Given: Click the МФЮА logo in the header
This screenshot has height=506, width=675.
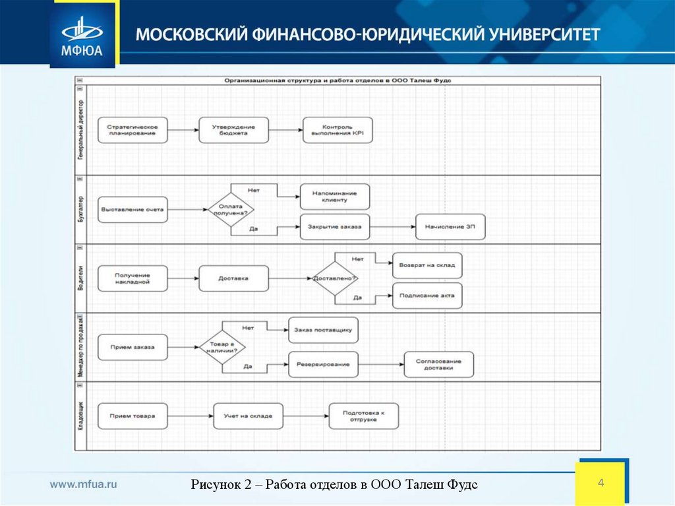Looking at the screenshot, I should point(82,34).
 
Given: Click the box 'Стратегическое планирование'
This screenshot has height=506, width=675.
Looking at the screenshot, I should point(132,130).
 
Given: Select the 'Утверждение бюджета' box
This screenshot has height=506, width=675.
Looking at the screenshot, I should point(234,130).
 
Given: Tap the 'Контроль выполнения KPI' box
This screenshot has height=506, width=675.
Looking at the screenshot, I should point(338,130).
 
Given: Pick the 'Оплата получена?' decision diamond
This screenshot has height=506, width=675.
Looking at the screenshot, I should point(231,210).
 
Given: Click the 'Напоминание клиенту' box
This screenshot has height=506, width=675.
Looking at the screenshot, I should point(335,197).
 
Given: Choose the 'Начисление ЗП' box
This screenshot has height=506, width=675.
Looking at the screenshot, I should point(450,227).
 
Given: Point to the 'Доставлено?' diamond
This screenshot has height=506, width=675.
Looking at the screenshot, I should point(336,278).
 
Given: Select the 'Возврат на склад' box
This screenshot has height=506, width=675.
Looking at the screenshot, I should point(427,265).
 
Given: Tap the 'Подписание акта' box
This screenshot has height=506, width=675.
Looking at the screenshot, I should point(427,296).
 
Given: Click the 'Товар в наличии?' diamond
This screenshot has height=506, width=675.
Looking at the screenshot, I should point(222,347).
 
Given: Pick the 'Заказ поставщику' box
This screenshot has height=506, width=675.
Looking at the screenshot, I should point(323,330).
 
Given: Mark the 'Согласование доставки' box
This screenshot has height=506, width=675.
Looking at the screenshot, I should point(439,365).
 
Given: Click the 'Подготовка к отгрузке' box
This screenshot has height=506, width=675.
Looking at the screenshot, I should point(364,416).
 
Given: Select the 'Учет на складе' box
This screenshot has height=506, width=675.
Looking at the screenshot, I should point(248,416).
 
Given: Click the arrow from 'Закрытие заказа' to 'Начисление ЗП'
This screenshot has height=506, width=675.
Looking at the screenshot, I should point(393,227).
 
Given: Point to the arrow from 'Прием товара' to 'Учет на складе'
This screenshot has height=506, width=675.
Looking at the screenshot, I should point(190,416).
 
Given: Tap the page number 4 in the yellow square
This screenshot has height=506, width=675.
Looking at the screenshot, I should point(601,484).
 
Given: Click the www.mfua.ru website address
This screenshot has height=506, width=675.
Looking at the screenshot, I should point(84,484).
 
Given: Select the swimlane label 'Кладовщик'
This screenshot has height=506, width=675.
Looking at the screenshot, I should point(80,416).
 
